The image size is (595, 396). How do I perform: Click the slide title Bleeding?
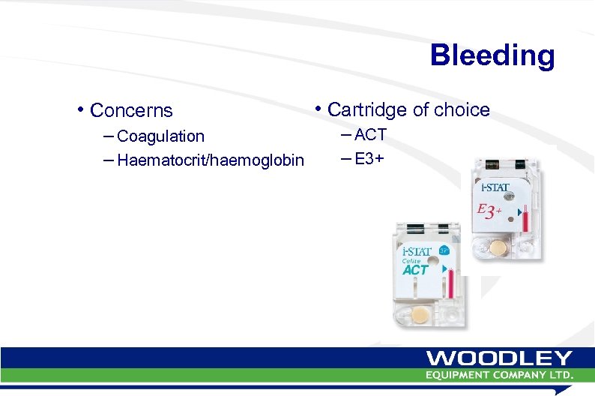point(492,55)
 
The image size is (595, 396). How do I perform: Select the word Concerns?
point(131,111)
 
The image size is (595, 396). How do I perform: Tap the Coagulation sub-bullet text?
point(160,136)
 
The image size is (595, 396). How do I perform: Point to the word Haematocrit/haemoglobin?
point(211,160)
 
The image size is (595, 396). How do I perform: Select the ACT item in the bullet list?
point(370,135)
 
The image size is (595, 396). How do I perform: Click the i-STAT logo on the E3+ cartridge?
point(494,185)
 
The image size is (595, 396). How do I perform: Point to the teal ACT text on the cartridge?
point(416,270)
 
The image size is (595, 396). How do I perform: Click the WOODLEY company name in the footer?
point(499,359)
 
